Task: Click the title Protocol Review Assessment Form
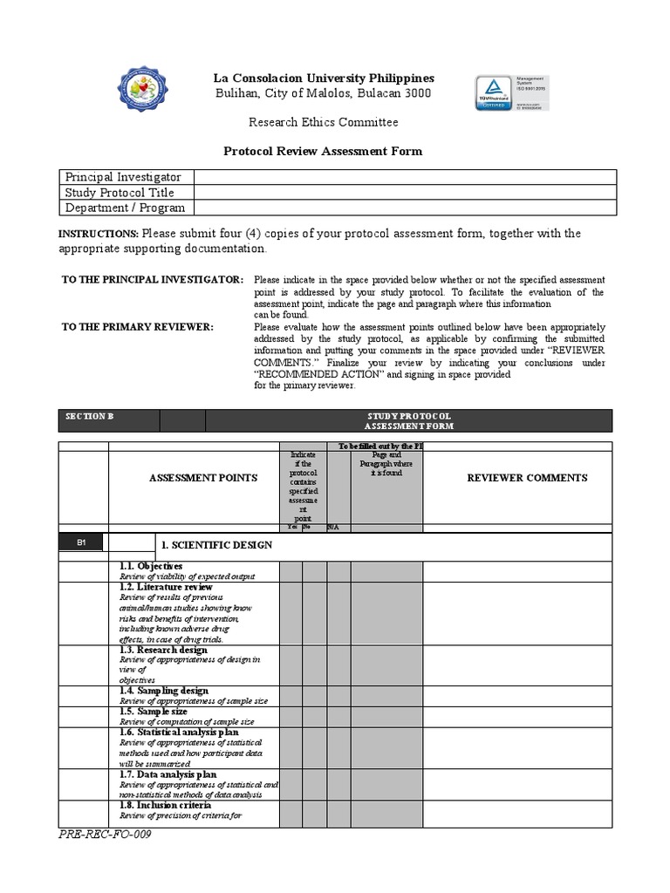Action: pos(324,151)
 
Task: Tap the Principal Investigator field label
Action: pos(123,177)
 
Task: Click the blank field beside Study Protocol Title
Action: pos(404,192)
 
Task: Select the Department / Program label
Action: pos(125,208)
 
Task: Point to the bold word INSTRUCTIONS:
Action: pos(98,235)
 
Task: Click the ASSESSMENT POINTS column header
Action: pos(203,477)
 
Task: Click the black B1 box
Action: pos(80,542)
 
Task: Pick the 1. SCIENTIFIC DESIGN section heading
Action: pos(215,545)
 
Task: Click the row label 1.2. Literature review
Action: pos(166,588)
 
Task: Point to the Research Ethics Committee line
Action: pos(324,122)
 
